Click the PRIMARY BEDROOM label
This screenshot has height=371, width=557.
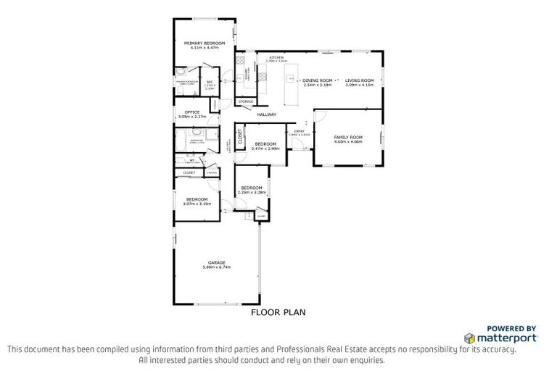click(204, 43)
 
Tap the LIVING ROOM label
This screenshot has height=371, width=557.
click(359, 80)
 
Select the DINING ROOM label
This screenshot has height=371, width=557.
click(317, 80)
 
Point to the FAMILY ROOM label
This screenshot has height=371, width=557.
click(347, 137)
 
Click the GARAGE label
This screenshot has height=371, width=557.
click(217, 262)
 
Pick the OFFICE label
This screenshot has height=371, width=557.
click(192, 112)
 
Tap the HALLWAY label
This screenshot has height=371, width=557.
click(267, 114)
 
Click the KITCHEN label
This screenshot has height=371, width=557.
click(276, 57)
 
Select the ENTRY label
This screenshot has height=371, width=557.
click(299, 130)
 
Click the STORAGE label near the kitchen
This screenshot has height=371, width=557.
click(246, 101)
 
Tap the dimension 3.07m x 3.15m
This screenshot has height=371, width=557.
click(197, 204)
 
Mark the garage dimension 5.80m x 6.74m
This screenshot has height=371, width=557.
click(217, 267)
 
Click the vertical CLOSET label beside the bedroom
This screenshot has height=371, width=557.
click(239, 136)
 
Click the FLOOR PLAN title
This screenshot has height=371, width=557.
click(278, 313)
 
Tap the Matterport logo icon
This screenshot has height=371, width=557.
click(470, 338)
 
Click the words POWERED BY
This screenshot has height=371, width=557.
click(511, 328)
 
